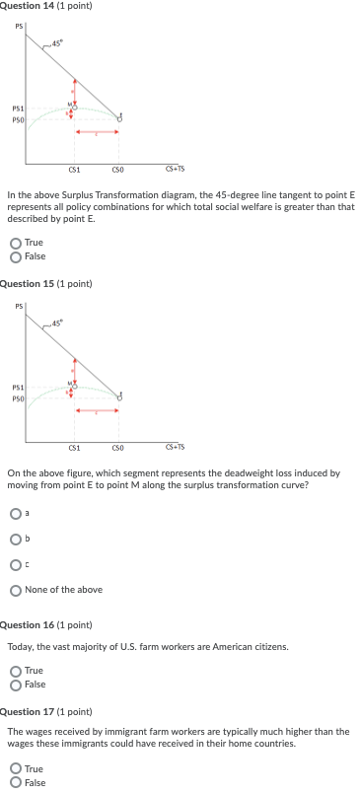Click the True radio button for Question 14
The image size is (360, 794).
point(15,243)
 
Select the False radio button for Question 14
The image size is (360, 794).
point(15,255)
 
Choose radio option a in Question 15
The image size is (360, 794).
point(15,512)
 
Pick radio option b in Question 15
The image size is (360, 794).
point(15,538)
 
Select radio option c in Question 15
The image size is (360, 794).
point(15,564)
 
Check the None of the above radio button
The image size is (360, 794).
point(15,590)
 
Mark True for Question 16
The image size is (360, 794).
point(15,670)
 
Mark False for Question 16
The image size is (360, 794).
point(15,683)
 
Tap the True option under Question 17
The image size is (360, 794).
point(15,768)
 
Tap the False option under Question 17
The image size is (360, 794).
point(15,782)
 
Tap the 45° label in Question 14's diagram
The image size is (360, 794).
point(59,41)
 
